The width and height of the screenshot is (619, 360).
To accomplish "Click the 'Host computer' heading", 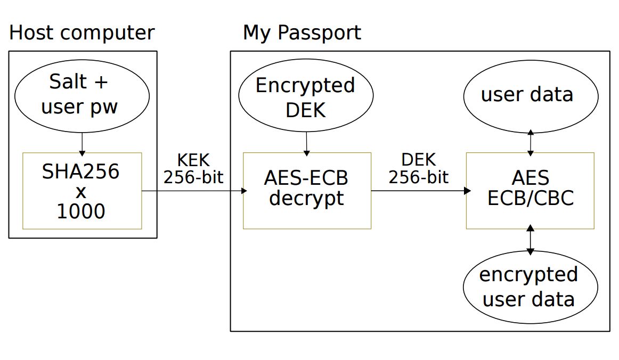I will (82, 33).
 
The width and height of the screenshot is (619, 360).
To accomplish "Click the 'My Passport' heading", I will (302, 33).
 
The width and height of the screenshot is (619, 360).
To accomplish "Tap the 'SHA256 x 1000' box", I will (82, 191).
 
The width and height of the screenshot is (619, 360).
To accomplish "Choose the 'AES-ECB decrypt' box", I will (307, 190).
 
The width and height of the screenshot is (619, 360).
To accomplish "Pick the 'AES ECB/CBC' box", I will (530, 190).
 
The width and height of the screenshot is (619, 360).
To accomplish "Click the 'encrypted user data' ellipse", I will (530, 288).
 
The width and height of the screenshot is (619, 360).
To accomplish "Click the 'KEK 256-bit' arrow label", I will (193, 169).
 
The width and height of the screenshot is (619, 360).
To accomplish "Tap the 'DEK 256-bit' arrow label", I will (418, 169).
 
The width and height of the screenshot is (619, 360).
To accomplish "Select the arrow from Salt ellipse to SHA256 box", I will (82, 142).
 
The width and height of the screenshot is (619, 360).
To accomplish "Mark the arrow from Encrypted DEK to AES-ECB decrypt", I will (307, 143).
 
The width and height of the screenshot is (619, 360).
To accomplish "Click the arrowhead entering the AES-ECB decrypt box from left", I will (245, 191).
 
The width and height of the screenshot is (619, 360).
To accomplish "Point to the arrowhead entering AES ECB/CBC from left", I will (468, 191).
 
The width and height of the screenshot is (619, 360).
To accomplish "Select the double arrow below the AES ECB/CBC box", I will (530, 241).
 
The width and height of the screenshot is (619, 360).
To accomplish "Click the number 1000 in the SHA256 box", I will (81, 211).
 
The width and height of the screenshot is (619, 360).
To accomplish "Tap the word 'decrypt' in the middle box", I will (306, 199).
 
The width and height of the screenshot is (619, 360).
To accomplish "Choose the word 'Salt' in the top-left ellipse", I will (68, 83).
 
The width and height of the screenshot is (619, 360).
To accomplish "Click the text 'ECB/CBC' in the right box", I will (531, 198).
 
